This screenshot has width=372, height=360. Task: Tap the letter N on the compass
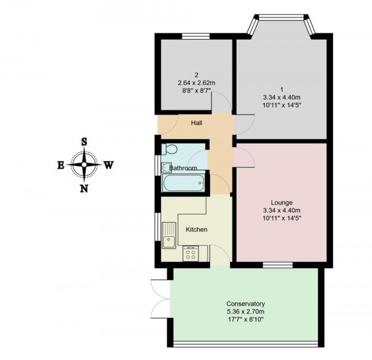(x=84, y=189)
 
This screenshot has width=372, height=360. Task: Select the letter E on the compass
(x=61, y=165)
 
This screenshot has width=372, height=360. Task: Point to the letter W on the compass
(x=108, y=165)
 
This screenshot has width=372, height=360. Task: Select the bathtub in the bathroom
(x=184, y=183)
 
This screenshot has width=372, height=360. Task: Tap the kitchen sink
(x=169, y=235)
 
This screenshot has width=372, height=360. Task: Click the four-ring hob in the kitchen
(x=191, y=253)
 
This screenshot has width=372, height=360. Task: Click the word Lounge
(x=281, y=203)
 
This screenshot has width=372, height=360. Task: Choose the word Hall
(x=197, y=123)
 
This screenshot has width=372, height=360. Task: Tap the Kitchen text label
(x=197, y=230)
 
